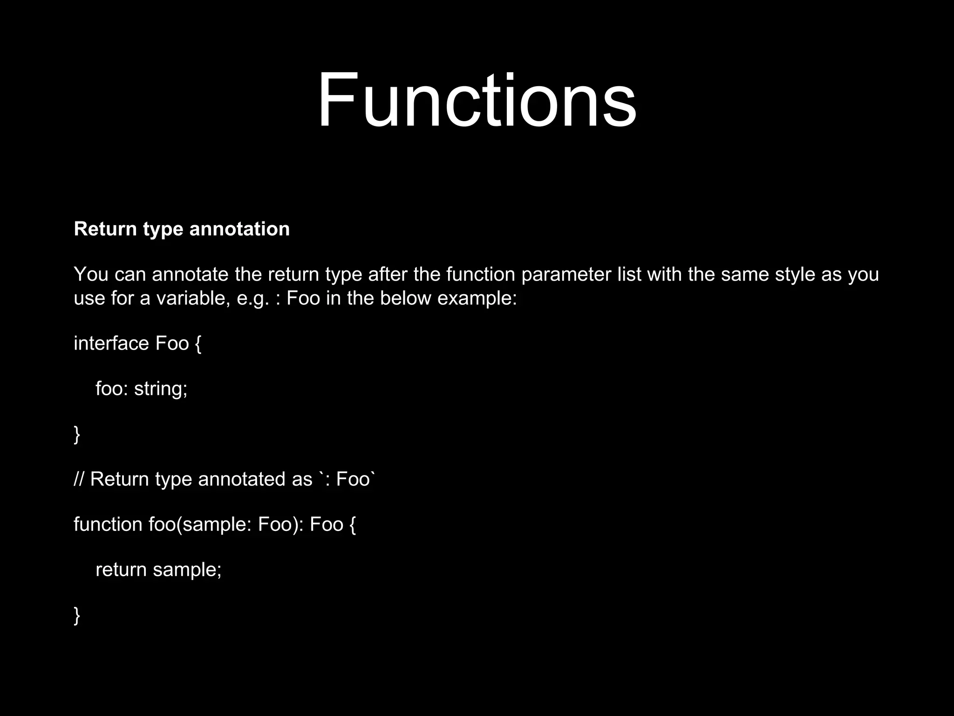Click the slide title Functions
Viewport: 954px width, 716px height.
[477, 100]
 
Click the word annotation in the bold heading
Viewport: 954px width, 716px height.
[239, 229]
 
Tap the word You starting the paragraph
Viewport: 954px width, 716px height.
[91, 274]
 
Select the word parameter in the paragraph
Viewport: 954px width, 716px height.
[566, 275]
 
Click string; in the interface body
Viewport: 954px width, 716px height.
[161, 389]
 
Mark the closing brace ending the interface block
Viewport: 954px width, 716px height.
[77, 434]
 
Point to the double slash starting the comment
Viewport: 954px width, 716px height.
[79, 479]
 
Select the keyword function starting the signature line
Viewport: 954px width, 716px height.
[108, 524]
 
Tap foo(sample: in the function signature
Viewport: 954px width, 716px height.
[200, 525]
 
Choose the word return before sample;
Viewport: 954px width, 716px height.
[121, 570]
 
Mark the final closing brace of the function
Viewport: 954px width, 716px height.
[77, 615]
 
